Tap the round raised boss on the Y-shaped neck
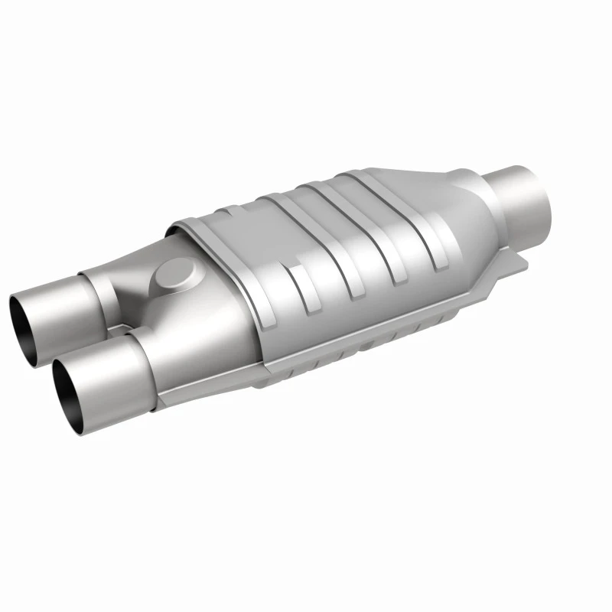[175, 273]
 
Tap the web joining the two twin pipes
[115, 329]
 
